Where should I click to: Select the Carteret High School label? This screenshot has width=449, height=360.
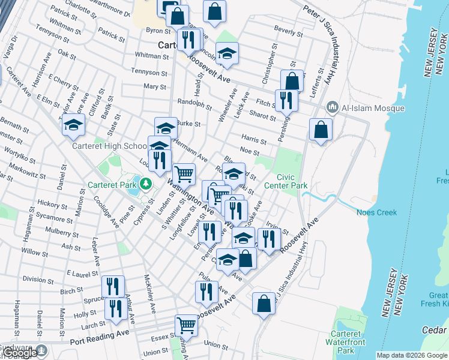[109, 146]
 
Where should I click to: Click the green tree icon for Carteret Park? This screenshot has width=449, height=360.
[145, 183]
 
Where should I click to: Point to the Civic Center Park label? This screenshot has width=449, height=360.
[292, 181]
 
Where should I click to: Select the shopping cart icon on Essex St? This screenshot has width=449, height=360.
[187, 326]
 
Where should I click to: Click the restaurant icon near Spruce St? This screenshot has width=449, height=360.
[112, 286]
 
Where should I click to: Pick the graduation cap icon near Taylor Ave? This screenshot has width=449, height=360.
[74, 125]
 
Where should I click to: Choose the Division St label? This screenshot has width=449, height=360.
[34, 279]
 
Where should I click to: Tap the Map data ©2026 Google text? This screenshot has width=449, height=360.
[411, 355]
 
